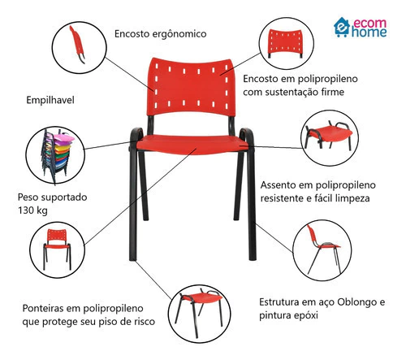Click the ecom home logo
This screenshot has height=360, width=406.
pyautogui.click(x=360, y=28)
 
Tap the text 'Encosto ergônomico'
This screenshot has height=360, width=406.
pyautogui.click(x=160, y=34)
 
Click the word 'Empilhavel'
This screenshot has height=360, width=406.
pyautogui.click(x=50, y=100)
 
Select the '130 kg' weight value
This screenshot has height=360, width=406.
pyautogui.click(x=32, y=210)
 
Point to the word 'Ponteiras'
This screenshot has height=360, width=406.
pyautogui.click(x=45, y=308)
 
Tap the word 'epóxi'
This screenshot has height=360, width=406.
pyautogui.click(x=304, y=315)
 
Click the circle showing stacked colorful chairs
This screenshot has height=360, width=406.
pyautogui.click(x=55, y=155)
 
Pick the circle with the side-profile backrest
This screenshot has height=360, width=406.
pyautogui.click(x=79, y=47)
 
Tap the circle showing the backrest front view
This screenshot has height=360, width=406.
pyautogui.click(x=287, y=44)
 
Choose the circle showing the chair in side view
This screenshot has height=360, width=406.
pyautogui.click(x=322, y=250)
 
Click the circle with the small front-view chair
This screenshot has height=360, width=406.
pyautogui.click(x=57, y=249)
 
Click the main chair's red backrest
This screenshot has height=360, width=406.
pyautogui.click(x=191, y=87)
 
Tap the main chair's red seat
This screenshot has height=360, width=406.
pyautogui.click(x=192, y=145)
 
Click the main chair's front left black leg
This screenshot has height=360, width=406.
pyautogui.click(x=132, y=206)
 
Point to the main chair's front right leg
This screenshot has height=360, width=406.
pyautogui.click(x=251, y=206)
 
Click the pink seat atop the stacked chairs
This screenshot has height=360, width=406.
pyautogui.click(x=64, y=138)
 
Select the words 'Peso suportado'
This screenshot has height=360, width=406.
pyautogui.click(x=52, y=197)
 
